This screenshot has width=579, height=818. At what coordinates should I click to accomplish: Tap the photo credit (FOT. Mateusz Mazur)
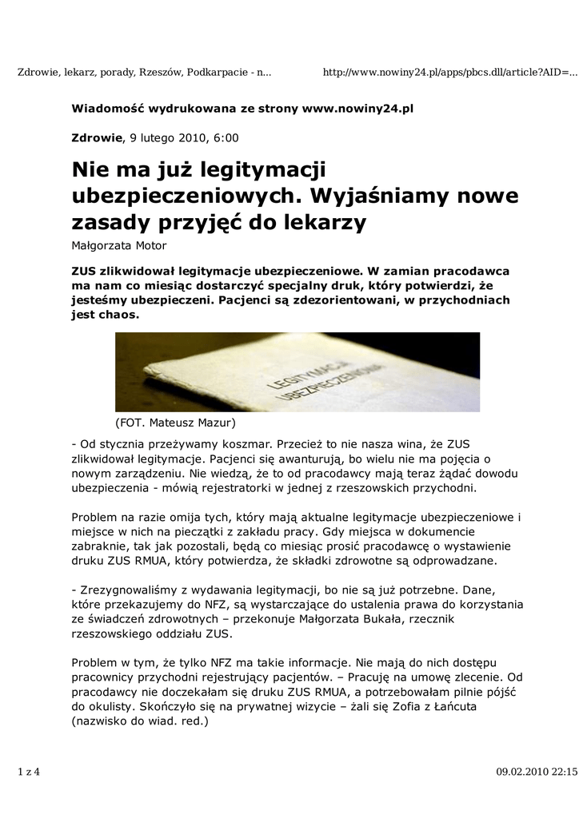176,422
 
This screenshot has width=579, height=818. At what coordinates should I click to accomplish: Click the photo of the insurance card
297,371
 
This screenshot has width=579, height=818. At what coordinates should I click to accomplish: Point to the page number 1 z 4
28,772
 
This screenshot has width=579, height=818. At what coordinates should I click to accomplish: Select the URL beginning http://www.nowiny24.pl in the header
449,73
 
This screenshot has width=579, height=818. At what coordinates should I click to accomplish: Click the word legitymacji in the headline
265,169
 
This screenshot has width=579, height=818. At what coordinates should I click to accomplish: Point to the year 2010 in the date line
190,137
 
